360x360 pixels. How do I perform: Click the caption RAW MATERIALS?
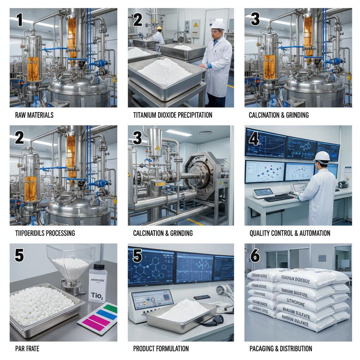pos(34,115)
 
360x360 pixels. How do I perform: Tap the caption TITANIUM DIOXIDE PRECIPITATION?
pos(173,115)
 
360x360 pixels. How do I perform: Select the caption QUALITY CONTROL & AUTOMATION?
pos(290,233)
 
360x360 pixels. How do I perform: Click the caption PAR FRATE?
pos(27,349)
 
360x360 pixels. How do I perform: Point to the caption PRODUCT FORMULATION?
pos(161,349)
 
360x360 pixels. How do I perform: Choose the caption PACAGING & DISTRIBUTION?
pos(281,349)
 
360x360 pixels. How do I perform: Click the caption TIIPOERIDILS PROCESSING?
pos(45,233)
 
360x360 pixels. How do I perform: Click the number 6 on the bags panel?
pos(255,256)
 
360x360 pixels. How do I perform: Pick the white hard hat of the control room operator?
pos(322,156)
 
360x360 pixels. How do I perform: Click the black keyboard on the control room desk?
pos(279,198)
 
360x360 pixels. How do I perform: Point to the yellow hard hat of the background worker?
pos(159,28)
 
